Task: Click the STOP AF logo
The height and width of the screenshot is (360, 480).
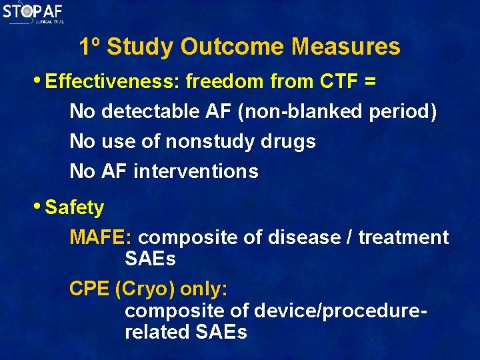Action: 33,13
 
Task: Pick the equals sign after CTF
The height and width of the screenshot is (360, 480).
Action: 370,82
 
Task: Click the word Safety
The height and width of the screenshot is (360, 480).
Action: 75,208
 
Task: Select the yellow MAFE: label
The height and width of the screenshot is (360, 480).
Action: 101,237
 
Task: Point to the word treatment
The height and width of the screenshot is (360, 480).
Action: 403,237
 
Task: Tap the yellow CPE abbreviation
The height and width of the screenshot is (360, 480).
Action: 89,289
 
